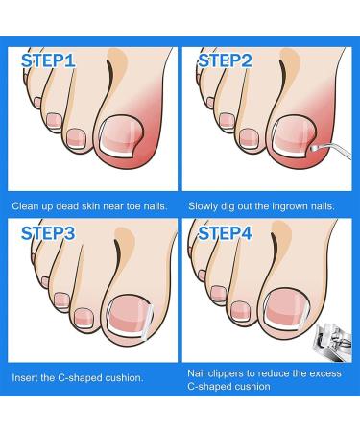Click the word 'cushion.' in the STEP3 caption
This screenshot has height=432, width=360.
[x=123, y=378]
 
